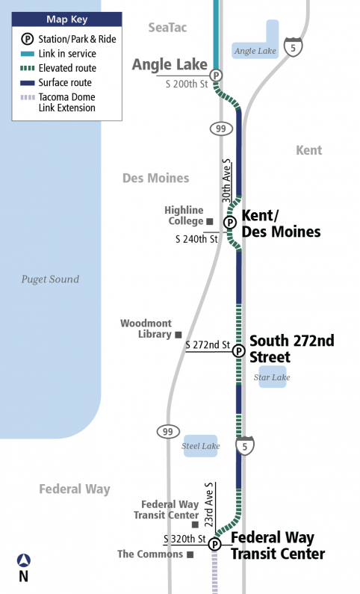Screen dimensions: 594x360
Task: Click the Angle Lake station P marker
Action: click(216, 75)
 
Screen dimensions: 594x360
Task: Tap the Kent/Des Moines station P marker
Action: click(230, 222)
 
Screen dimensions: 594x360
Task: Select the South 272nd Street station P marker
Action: click(238, 351)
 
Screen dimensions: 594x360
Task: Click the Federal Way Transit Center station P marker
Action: click(215, 545)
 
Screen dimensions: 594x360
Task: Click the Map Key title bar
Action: click(66, 19)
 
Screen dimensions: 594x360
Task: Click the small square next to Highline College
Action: click(210, 221)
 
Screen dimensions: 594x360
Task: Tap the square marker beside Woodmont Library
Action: click(178, 334)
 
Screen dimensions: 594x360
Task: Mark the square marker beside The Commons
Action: click(190, 554)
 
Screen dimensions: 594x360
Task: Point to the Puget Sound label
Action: click(50, 279)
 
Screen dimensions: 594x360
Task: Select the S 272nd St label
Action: click(208, 344)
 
